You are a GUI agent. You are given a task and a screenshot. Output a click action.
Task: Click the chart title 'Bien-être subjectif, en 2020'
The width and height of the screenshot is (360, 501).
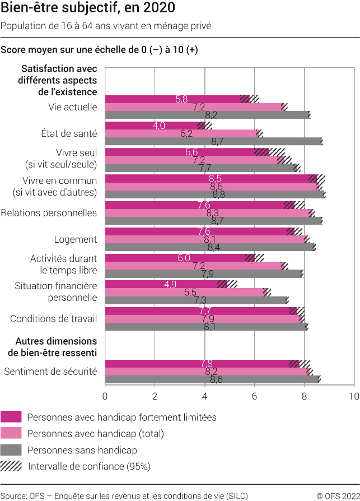tap(88, 8)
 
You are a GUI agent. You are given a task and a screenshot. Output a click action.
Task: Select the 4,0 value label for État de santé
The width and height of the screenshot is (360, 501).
tap(158, 126)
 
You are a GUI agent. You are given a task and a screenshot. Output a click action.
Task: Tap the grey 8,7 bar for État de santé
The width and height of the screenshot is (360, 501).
tap(213, 141)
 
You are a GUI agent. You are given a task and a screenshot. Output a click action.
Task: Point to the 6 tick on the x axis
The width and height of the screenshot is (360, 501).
tap(254, 396)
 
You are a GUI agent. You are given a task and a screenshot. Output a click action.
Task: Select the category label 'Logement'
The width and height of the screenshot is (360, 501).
tap(76, 239)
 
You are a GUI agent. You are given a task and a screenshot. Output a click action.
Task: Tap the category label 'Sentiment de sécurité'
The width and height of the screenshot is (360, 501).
tap(50, 372)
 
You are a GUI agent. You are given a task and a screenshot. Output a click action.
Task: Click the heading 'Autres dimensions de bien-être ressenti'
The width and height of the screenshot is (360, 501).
tap(56, 346)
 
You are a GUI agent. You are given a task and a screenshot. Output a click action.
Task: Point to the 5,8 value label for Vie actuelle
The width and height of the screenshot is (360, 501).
tap(181, 99)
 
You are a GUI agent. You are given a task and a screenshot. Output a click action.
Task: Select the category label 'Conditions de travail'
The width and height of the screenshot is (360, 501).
tap(54, 319)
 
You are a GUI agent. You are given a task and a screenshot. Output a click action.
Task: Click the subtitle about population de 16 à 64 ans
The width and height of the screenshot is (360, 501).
tap(106, 26)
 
